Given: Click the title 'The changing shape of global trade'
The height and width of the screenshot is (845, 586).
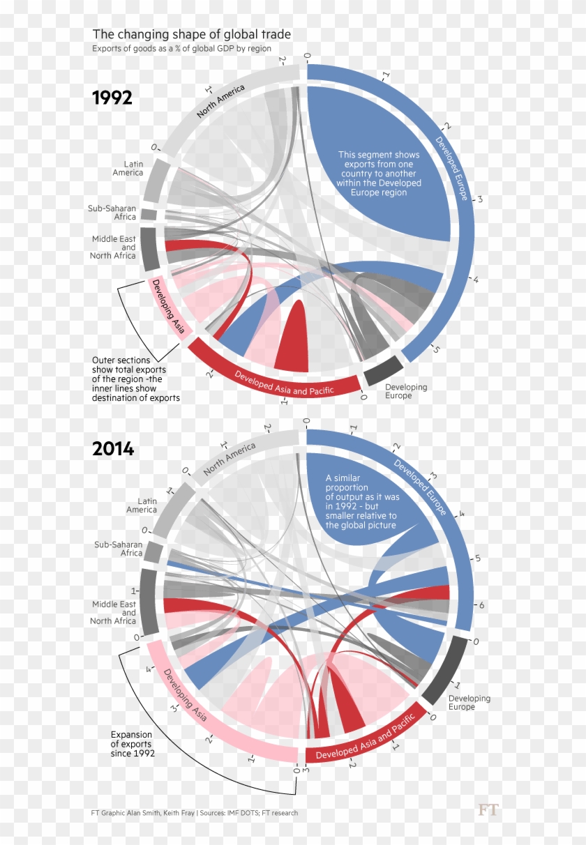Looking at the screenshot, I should pos(192,34).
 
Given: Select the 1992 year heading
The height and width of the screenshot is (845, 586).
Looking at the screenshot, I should pos(112,98).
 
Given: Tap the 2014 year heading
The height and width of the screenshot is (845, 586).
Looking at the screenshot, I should pos(112,448).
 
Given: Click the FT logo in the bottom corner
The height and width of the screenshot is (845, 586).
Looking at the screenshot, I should pos(488,810).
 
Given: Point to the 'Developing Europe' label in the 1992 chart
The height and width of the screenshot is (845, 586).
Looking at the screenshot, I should pos(406,391).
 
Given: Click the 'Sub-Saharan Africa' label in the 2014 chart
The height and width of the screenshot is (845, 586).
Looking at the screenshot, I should pos(119,549).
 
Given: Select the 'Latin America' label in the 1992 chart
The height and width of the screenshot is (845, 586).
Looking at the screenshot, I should pos(128,168).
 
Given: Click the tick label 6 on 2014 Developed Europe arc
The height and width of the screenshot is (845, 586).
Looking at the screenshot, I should pos(481,605).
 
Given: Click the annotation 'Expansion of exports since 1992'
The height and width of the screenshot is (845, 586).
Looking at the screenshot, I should pos(133,744).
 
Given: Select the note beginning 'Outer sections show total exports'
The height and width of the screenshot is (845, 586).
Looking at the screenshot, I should pos(135,379).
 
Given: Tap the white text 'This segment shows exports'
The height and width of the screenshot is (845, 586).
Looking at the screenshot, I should pos(379,174).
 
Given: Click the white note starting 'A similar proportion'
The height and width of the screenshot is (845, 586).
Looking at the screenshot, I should pos(361,501).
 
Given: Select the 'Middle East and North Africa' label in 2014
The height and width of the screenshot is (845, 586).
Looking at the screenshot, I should pos(114,612).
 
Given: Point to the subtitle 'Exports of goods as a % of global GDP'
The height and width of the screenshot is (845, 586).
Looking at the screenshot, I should pos(181,49).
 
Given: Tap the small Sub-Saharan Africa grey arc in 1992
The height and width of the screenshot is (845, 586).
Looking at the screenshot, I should pos(149,214).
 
